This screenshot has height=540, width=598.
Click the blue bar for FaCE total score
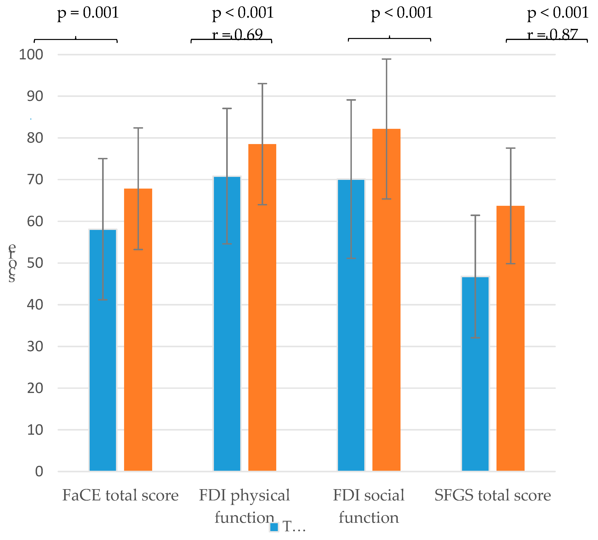(103, 350)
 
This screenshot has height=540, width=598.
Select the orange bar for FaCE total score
(138, 329)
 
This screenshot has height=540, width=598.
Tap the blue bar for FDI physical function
(227, 323)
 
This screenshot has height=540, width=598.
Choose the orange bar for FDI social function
(386, 300)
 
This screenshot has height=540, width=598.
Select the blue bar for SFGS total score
(475, 374)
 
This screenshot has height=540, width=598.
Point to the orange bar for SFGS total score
(511, 338)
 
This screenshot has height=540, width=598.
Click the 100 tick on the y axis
(31, 55)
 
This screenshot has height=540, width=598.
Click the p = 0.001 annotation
(88, 13)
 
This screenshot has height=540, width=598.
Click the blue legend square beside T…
(274, 527)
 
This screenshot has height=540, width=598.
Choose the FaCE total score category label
(121, 495)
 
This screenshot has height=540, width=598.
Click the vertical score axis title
(12, 262)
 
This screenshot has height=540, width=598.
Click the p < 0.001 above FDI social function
(402, 13)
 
